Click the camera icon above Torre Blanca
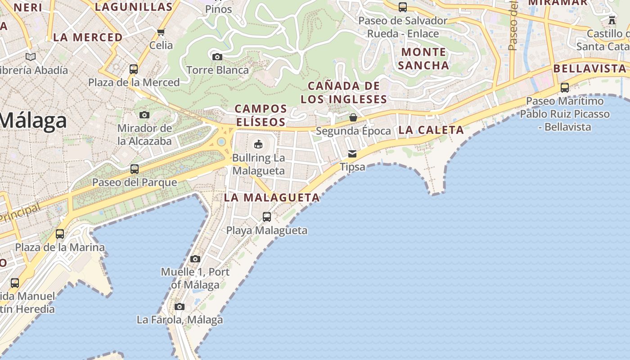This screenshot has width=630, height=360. coord(217,57)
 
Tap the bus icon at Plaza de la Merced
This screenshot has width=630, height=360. coord(134,69)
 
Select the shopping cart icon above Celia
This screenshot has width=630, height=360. coord(161,32)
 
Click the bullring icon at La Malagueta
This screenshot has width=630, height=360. coord(258,144)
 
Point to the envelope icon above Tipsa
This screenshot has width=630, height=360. coord(352,153)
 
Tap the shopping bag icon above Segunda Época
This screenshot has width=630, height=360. coord(353,117)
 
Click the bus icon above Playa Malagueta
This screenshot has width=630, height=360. coord(267,217)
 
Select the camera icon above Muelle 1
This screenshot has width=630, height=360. coord(195,259)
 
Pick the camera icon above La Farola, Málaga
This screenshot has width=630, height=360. coord(180,307)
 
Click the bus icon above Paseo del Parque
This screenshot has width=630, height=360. coord(134,169)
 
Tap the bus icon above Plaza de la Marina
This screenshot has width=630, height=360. coord(60,234)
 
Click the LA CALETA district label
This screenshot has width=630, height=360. coord(431,130)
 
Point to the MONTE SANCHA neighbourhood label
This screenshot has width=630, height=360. coord(423,58)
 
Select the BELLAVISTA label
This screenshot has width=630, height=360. coord(589,68)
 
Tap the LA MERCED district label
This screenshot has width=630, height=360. coord(88,37)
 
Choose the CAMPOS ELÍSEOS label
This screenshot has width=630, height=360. coord(261,115)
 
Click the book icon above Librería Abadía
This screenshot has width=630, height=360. coord(31,57)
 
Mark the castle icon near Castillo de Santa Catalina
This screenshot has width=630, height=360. coord(612,20)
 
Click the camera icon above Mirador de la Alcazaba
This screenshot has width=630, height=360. coord(144,115)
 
